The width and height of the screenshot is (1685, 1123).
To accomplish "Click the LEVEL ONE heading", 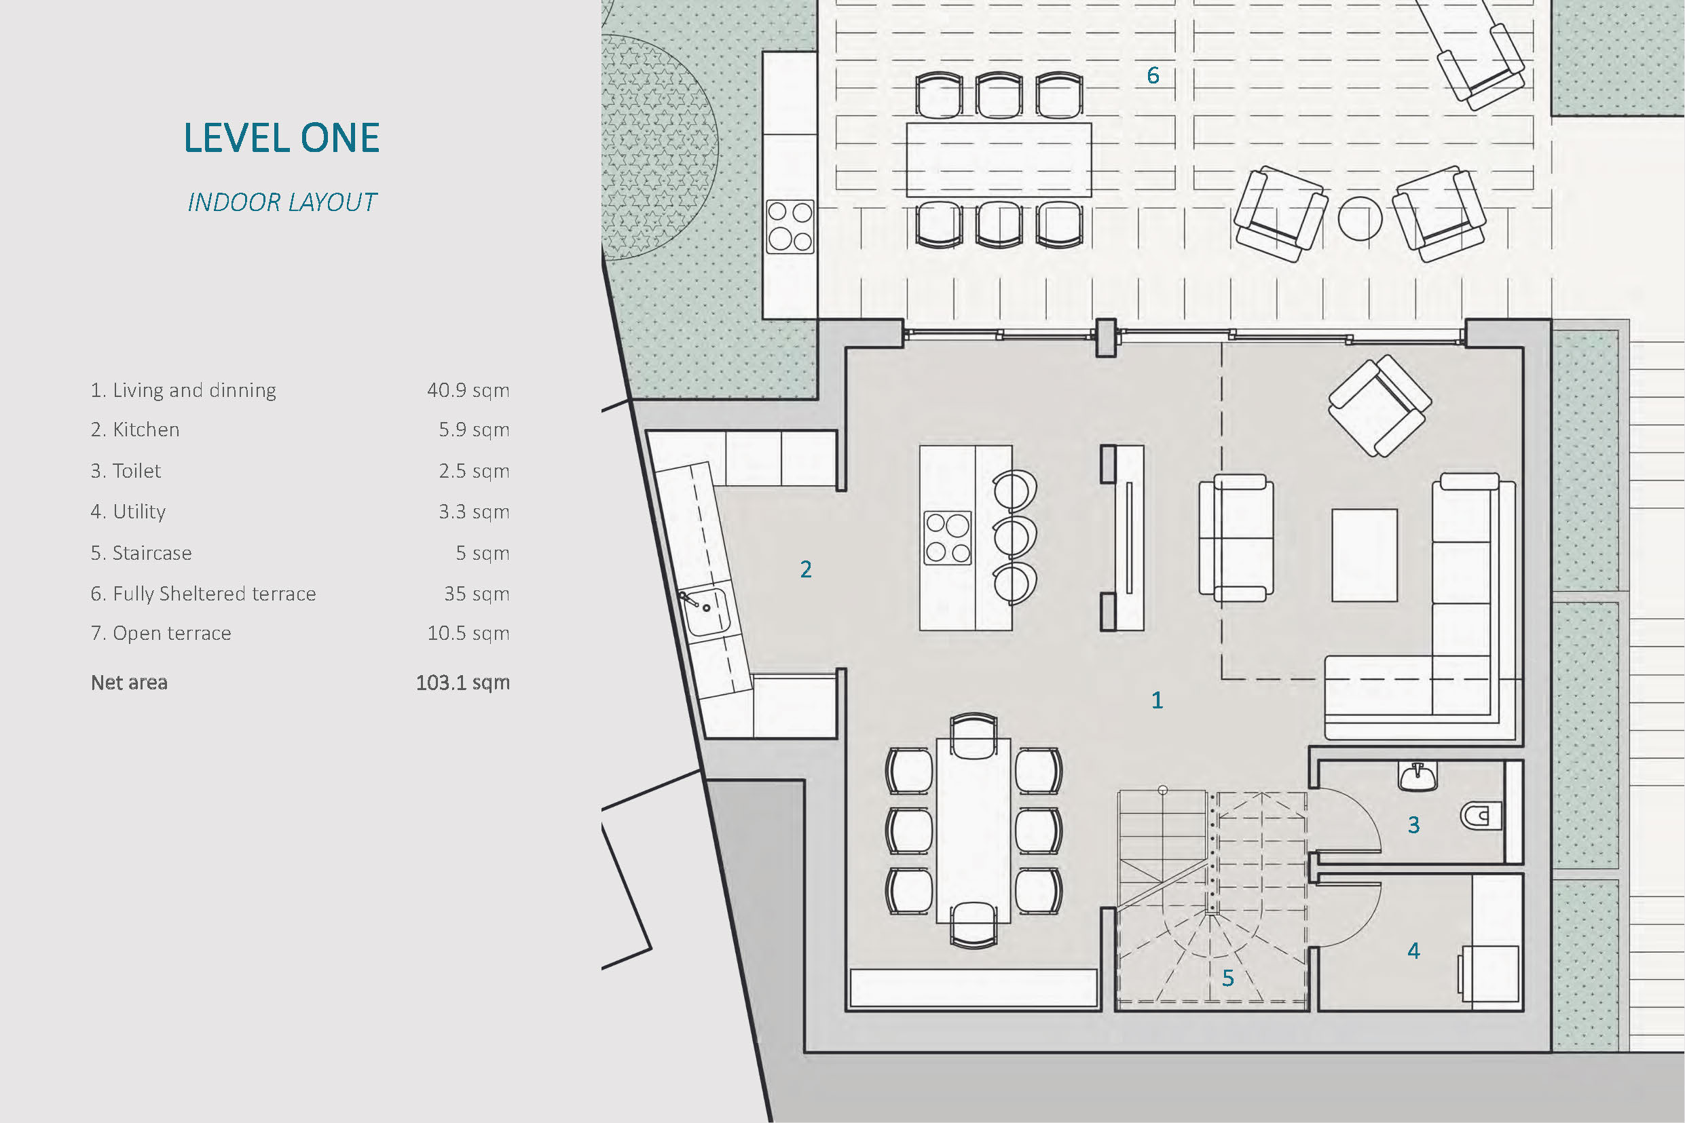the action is pyautogui.click(x=282, y=138).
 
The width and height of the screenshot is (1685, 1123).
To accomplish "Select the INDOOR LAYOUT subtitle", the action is pyautogui.click(x=282, y=203).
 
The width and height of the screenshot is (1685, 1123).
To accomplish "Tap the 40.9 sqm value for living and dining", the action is pyautogui.click(x=468, y=390).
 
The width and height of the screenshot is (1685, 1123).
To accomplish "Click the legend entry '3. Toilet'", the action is pyautogui.click(x=126, y=470).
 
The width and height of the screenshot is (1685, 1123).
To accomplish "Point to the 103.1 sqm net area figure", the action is pyautogui.click(x=463, y=683).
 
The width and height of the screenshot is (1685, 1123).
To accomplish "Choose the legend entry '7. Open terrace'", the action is pyautogui.click(x=161, y=633).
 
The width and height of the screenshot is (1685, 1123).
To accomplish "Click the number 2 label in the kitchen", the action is pyautogui.click(x=806, y=569).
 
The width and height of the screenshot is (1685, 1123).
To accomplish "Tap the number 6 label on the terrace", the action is pyautogui.click(x=1153, y=75).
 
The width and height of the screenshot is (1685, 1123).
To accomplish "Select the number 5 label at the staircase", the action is pyautogui.click(x=1228, y=978).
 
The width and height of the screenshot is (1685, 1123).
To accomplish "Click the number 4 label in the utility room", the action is pyautogui.click(x=1413, y=951).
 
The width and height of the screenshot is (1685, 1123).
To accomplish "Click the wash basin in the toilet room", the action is pyautogui.click(x=1418, y=776).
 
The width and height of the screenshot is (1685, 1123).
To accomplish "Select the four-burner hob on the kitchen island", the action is pyautogui.click(x=948, y=538).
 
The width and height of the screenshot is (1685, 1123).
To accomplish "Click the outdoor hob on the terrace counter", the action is pyautogui.click(x=790, y=227).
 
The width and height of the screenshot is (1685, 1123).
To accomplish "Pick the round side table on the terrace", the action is pyautogui.click(x=1360, y=219).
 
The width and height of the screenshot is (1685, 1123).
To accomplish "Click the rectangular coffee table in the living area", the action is pyautogui.click(x=1364, y=555).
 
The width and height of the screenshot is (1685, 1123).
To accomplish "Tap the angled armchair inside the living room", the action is pyautogui.click(x=1380, y=405).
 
